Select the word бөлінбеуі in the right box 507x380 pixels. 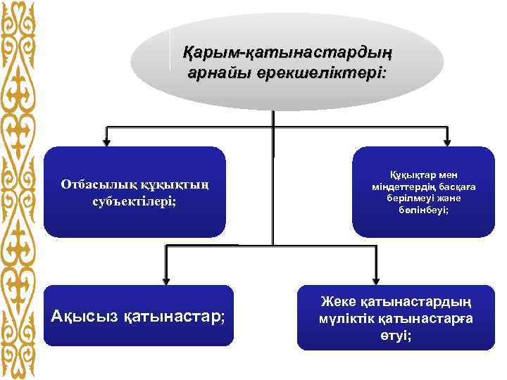tap(423, 210)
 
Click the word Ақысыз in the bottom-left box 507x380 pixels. tap(85, 316)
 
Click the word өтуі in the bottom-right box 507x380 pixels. tap(397, 335)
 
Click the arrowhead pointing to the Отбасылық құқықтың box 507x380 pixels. tap(107, 140)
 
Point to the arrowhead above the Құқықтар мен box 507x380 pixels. tap(446, 140)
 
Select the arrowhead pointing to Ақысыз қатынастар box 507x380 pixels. tap(165, 278)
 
